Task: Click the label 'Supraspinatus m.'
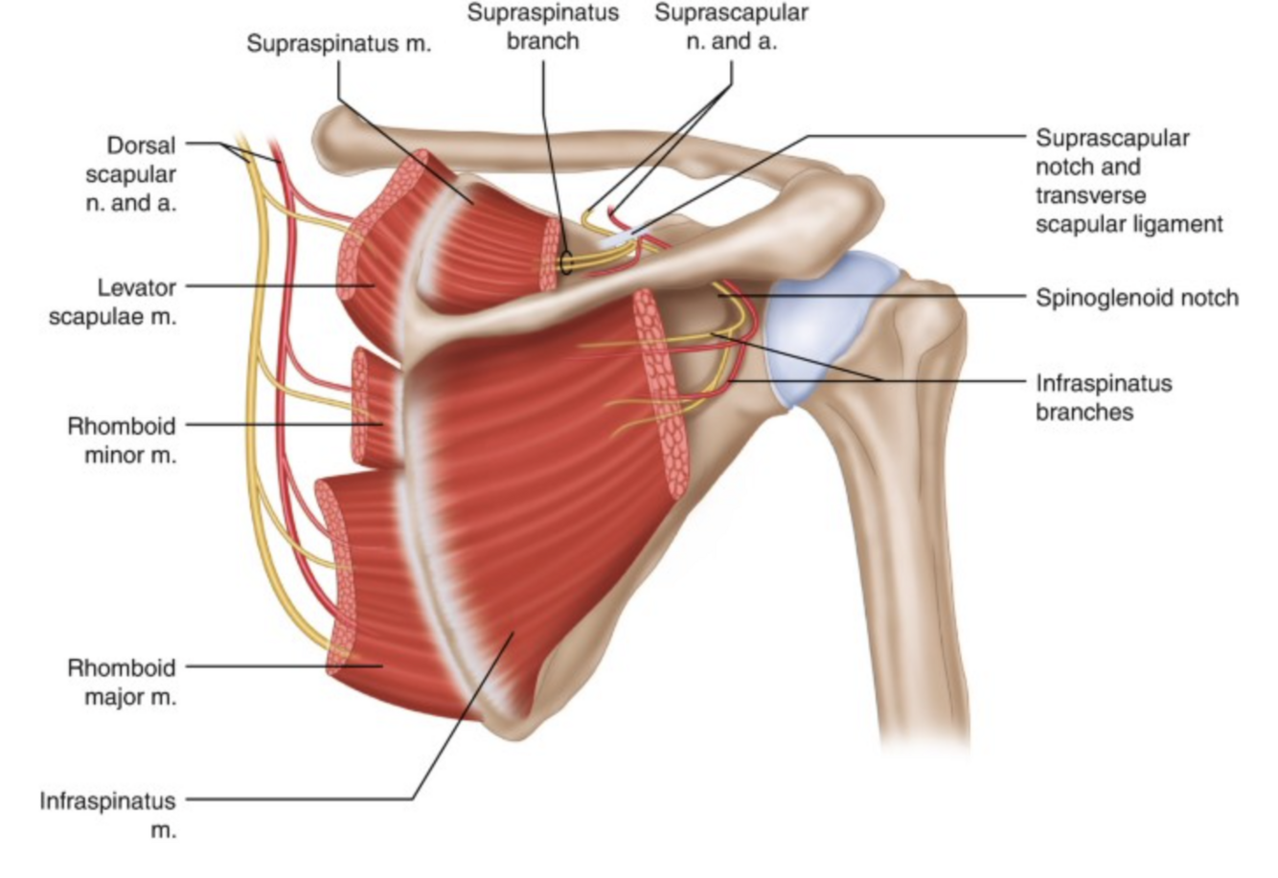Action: click(x=339, y=44)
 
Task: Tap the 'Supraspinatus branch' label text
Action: click(x=542, y=28)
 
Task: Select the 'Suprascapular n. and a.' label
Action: click(x=731, y=28)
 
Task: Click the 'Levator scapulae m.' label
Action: click(x=113, y=302)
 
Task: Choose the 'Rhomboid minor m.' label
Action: click(x=122, y=439)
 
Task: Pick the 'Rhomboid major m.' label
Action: click(x=122, y=682)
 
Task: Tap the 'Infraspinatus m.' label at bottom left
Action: click(x=108, y=815)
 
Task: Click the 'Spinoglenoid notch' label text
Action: click(x=1136, y=298)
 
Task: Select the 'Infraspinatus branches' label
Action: click(x=1104, y=397)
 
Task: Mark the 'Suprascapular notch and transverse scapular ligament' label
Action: click(x=1129, y=181)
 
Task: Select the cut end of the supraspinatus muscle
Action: click(x=550, y=255)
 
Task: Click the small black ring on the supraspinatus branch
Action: click(x=566, y=263)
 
